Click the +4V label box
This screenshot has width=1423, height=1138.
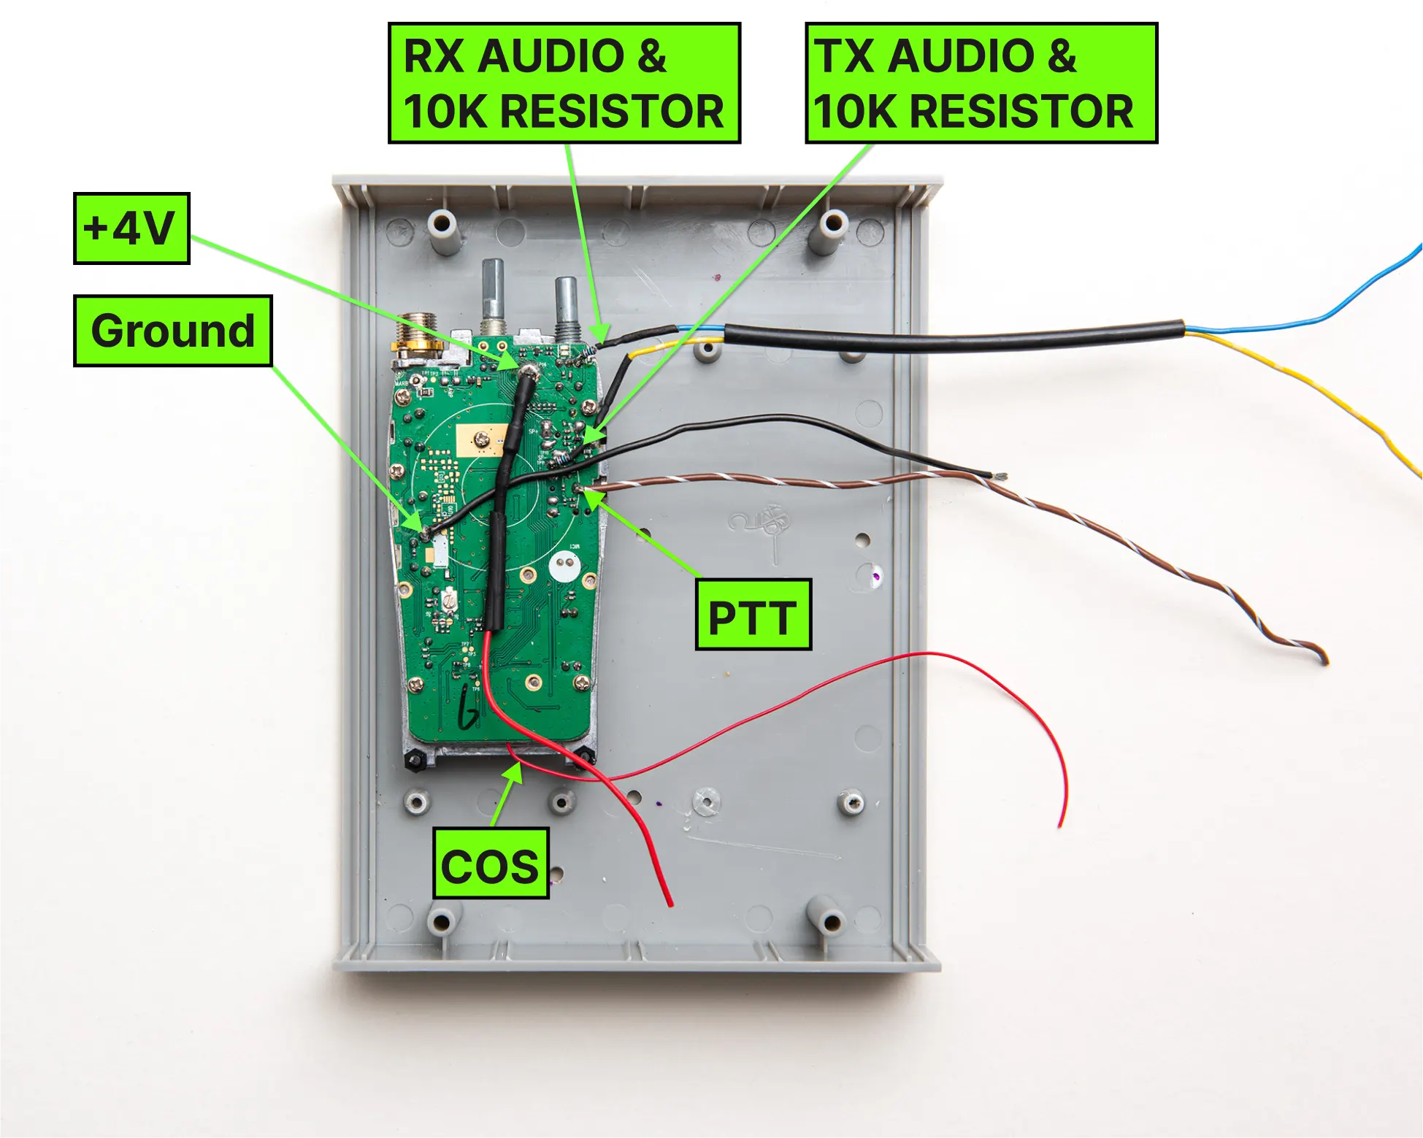131,228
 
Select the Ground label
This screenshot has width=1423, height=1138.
172,331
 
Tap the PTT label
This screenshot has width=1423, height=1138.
753,615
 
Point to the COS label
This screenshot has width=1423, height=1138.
491,864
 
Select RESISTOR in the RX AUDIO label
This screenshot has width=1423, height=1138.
612,112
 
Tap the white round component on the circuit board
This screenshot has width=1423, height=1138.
564,565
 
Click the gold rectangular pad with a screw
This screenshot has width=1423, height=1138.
480,439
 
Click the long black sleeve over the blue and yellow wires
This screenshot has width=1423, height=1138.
949,337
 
